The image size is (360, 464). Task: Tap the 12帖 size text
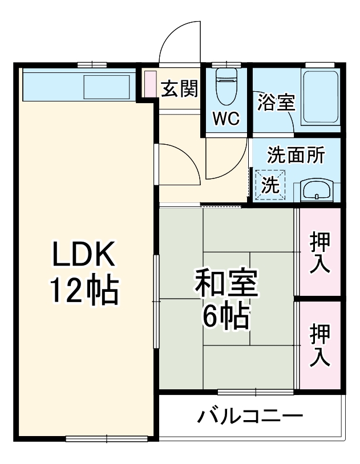[x=84, y=291]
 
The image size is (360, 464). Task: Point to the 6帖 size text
[x=226, y=318]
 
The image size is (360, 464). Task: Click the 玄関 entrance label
[x=179, y=89]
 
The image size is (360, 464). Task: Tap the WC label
[x=227, y=119]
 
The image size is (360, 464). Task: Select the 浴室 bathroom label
[x=276, y=103]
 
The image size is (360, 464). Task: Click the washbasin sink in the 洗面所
[x=317, y=190]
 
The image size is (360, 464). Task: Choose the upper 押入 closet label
[x=320, y=253]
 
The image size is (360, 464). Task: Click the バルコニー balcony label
[x=250, y=416]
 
